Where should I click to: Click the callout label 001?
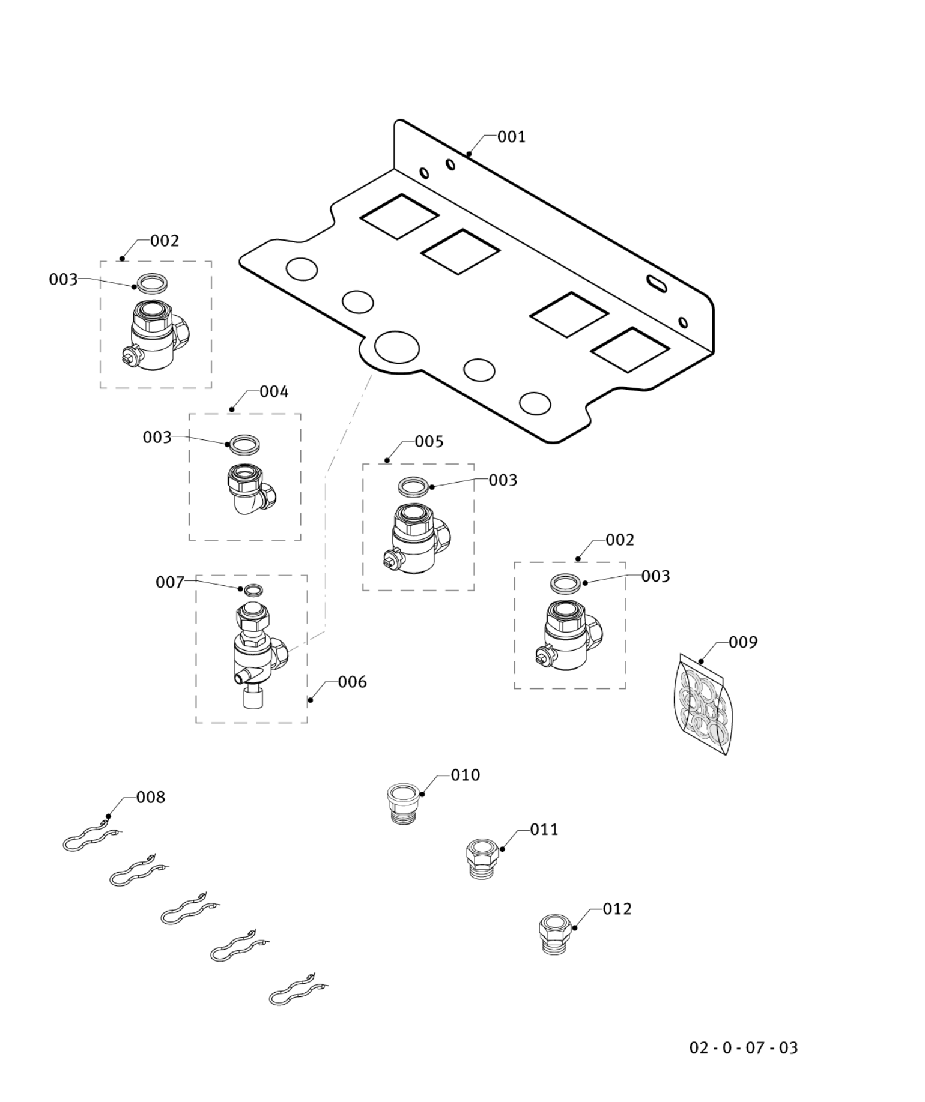[511, 137]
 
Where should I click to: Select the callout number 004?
[274, 392]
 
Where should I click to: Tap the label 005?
[429, 442]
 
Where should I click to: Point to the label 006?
[352, 682]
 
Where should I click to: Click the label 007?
[169, 582]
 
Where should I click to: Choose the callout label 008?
[150, 797]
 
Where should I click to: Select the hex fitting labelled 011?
[482, 859]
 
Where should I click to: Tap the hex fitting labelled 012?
[554, 934]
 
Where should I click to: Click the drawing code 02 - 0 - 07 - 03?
[743, 1048]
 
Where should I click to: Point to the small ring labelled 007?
[254, 590]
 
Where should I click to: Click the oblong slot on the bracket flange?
[657, 283]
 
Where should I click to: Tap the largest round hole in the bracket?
[396, 347]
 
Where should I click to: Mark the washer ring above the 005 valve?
[414, 486]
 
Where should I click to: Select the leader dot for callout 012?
[575, 928]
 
